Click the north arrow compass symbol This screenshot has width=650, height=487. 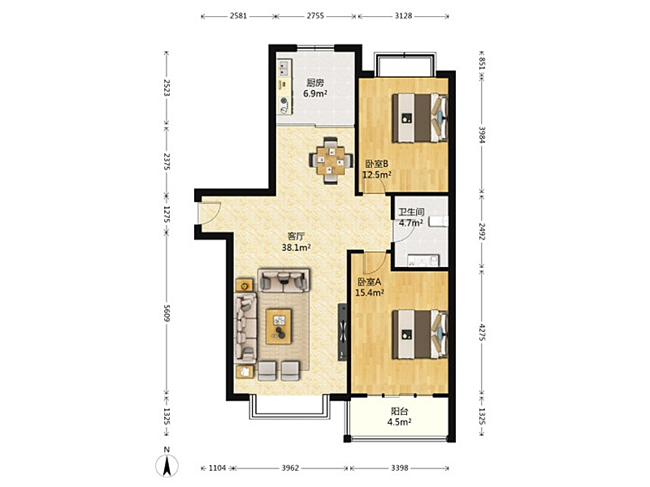(x=167, y=464)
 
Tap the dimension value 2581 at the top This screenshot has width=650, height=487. (x=238, y=16)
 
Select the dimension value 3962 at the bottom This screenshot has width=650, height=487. (x=290, y=468)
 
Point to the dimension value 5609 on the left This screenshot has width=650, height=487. (x=167, y=313)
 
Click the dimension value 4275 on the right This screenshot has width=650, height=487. (x=482, y=333)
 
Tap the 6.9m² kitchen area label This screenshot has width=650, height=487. (x=315, y=93)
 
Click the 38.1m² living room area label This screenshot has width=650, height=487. (x=297, y=248)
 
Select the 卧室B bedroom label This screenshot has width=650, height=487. (x=376, y=164)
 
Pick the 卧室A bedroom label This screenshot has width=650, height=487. (x=370, y=282)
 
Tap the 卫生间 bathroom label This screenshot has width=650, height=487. (x=411, y=212)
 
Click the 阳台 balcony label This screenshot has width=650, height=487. (x=400, y=412)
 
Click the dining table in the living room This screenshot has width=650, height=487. (x=331, y=160)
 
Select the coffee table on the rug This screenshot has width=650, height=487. (x=279, y=326)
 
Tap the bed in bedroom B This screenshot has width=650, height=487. (x=420, y=118)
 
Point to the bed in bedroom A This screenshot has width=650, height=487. (x=420, y=334)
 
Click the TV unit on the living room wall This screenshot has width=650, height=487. (x=342, y=332)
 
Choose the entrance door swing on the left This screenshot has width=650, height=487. (x=210, y=213)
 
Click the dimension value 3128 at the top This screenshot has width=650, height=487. (x=403, y=16)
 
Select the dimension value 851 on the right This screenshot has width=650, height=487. (x=482, y=63)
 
